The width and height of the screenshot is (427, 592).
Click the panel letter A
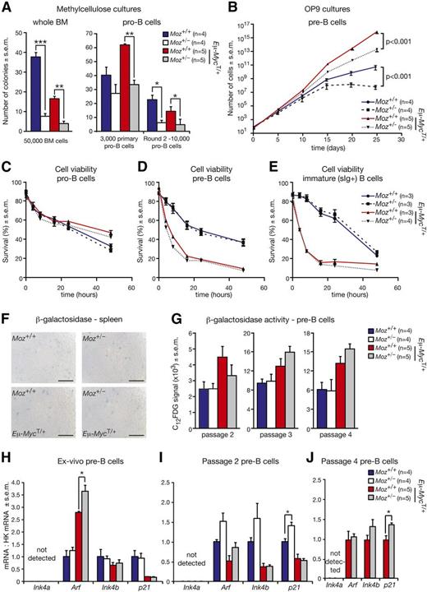click(7, 8)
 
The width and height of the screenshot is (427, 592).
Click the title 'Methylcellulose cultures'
click(85, 8)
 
